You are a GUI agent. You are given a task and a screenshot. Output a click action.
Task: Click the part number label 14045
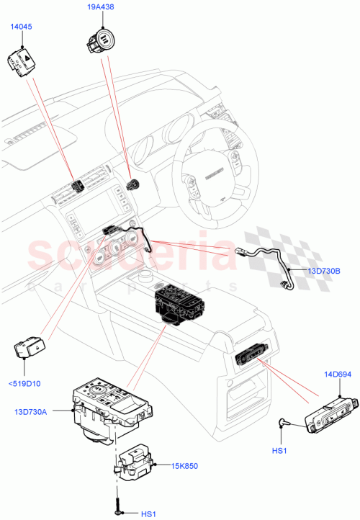pyautogui.click(x=20, y=27)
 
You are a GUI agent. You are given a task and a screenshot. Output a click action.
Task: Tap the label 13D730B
pyautogui.click(x=325, y=271)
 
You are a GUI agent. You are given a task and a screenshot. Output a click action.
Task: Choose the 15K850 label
pyautogui.click(x=184, y=467)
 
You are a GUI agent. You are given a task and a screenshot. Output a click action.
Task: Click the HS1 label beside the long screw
pyautogui.click(x=148, y=513)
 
